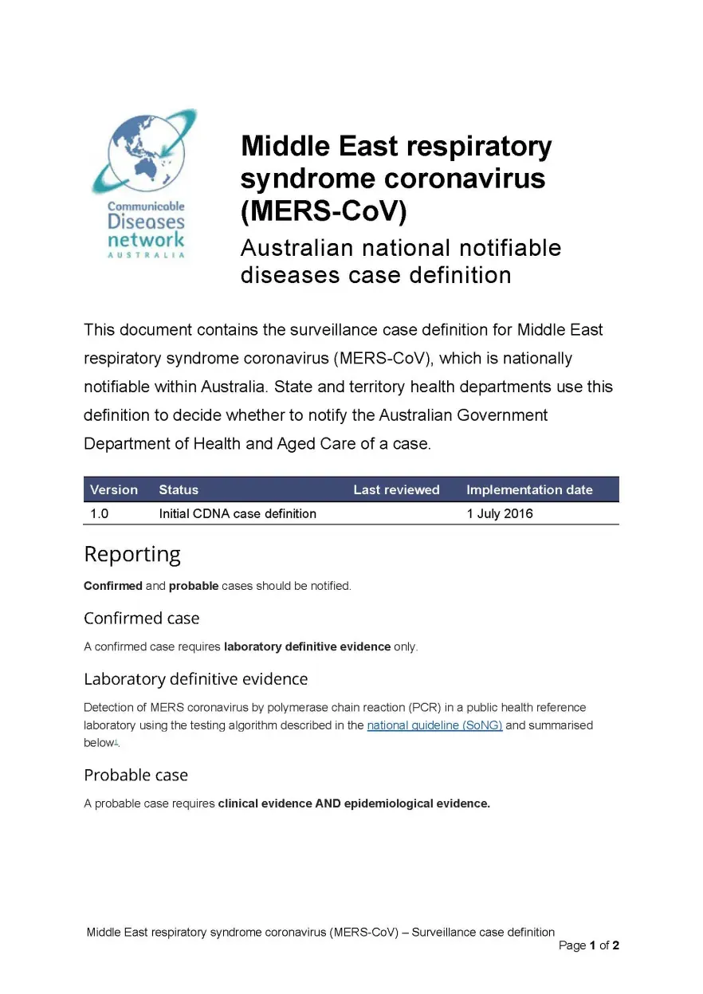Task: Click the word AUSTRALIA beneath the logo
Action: [146, 255]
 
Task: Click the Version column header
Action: [114, 489]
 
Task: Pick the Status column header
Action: [179, 489]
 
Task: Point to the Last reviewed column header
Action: [396, 489]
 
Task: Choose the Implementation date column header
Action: [529, 489]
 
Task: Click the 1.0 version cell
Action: [100, 513]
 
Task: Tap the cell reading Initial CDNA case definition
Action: [238, 513]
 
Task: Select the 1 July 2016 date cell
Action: [500, 513]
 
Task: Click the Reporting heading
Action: [132, 554]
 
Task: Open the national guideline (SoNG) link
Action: [434, 725]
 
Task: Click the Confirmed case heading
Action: [141, 618]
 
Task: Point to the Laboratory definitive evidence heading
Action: [195, 679]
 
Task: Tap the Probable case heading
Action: [135, 775]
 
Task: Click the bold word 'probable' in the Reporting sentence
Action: [194, 586]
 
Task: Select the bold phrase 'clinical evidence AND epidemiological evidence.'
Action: [354, 803]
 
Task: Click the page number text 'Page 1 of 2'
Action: [589, 945]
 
